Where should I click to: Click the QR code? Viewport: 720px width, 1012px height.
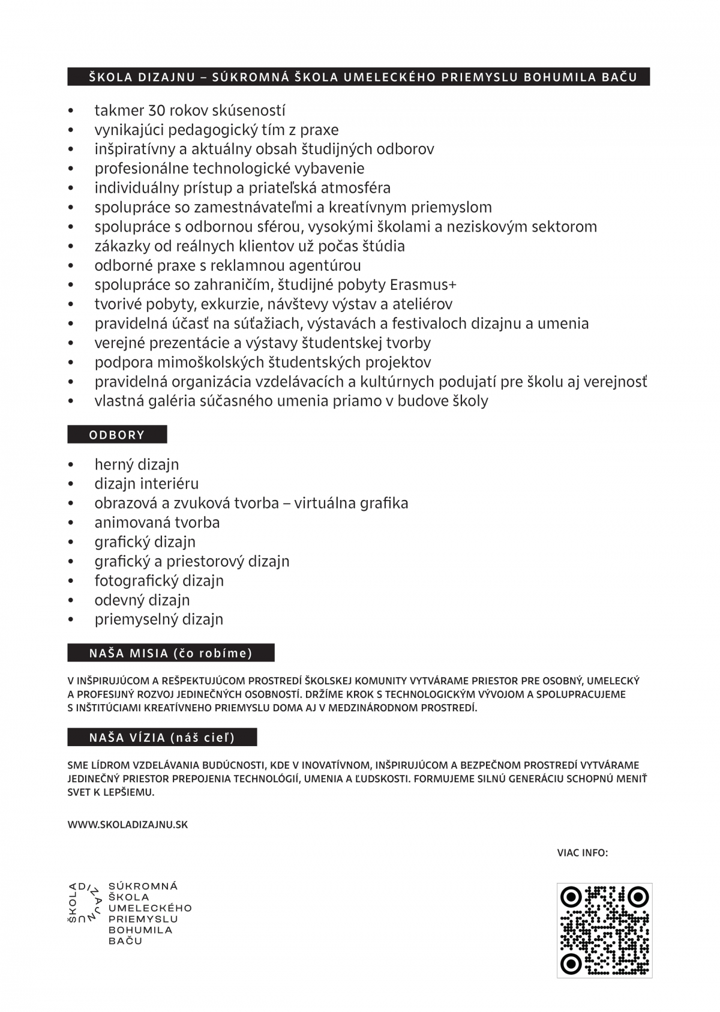click(604, 930)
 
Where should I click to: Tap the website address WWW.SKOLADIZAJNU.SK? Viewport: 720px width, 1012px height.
click(128, 825)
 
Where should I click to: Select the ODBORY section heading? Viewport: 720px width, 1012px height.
click(117, 435)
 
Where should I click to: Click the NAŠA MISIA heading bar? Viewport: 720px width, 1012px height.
click(170, 653)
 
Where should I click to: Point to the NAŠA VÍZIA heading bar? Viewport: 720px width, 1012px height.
click(162, 737)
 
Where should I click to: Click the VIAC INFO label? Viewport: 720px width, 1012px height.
click(583, 852)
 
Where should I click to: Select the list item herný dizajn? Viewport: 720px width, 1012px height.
click(137, 465)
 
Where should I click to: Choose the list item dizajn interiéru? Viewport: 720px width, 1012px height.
click(146, 484)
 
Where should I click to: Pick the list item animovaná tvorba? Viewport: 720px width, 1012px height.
click(157, 523)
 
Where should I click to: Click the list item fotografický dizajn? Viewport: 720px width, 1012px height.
click(159, 581)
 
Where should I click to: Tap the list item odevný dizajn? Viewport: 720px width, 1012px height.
click(142, 600)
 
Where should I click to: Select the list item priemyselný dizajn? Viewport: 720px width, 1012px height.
click(159, 619)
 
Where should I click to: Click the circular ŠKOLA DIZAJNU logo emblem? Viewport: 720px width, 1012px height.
click(83, 902)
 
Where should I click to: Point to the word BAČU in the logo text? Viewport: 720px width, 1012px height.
click(125, 941)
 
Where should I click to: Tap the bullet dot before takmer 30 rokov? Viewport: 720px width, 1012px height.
click(71, 111)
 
